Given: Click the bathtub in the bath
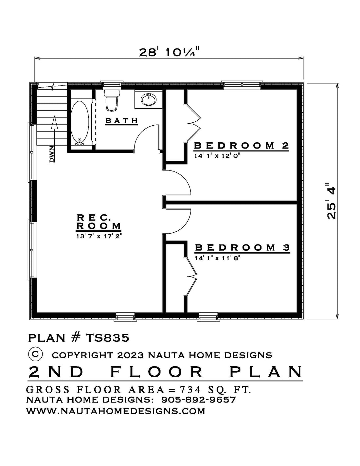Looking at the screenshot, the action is (80, 123).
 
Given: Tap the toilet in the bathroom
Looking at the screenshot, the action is (112, 100).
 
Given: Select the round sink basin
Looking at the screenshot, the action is (149, 99).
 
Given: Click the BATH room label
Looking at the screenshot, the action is (121, 120).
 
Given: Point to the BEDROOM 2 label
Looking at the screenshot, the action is (242, 146).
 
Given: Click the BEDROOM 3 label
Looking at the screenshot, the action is (242, 248).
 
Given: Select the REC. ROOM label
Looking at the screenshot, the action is (99, 222).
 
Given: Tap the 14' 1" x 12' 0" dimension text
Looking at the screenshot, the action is (217, 156).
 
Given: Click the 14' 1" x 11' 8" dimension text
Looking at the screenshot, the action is (217, 258).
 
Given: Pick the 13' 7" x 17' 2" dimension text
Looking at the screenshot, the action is (99, 236).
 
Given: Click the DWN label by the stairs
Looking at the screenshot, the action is (52, 154).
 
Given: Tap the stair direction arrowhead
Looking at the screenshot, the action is (55, 122).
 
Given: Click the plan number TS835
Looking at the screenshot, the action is (108, 338).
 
